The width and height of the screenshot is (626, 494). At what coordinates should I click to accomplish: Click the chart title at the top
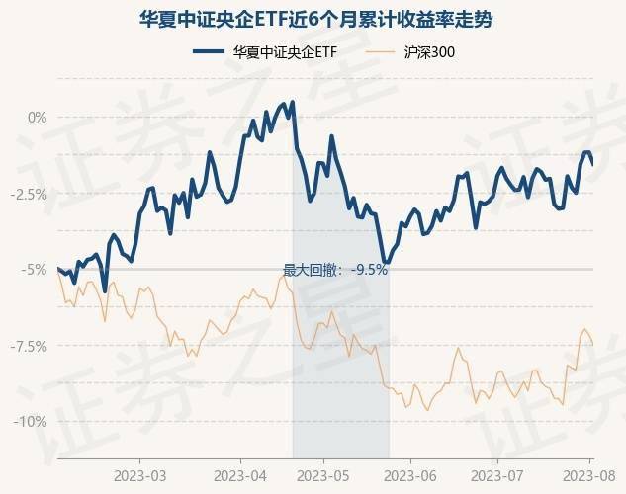click(x=313, y=19)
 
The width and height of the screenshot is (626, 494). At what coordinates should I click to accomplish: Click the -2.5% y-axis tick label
click(x=30, y=193)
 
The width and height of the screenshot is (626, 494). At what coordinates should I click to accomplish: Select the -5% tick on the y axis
click(x=36, y=269)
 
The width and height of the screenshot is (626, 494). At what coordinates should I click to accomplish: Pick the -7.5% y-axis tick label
click(x=30, y=345)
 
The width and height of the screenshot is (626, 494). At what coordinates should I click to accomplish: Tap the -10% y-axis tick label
click(x=33, y=421)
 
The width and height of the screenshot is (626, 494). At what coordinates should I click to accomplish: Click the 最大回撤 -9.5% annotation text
click(x=335, y=269)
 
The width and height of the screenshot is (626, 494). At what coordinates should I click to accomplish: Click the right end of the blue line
click(x=592, y=164)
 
